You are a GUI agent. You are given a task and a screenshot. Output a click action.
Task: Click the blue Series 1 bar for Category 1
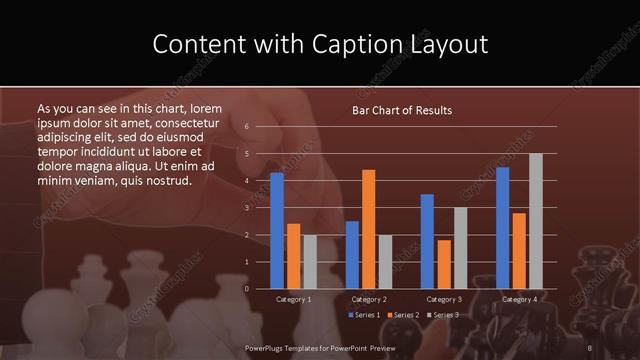coord(277,230)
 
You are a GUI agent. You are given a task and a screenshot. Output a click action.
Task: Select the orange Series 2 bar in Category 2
coord(369,229)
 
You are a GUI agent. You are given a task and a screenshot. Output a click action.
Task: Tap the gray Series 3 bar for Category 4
coord(536,220)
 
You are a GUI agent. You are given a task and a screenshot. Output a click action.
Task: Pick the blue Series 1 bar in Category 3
coord(427,241)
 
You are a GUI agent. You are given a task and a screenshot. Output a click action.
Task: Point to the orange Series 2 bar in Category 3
coord(444,264)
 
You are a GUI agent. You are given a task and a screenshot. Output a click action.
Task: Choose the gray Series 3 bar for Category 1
coord(310,261)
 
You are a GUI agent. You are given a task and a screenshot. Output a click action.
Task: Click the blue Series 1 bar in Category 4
coord(503,227)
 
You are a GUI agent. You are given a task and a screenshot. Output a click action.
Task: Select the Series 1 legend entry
coord(363,315)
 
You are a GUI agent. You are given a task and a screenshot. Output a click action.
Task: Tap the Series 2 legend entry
coord(401,315)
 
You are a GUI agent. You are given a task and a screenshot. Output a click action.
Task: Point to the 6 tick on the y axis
coord(246,127)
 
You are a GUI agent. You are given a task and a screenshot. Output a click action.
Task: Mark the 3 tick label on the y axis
coord(246,208)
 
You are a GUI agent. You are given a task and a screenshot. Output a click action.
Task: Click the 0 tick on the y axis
coord(246,289)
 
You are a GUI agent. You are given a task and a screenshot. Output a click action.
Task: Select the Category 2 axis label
coord(369,299)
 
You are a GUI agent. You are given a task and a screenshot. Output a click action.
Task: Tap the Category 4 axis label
coord(519,299)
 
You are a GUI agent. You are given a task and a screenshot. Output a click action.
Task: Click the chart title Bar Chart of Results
coord(402,110)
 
